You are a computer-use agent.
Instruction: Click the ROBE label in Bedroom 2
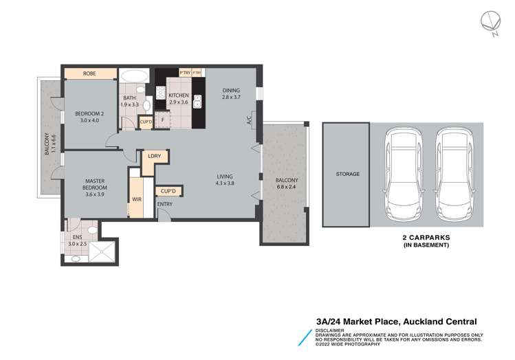click(x=89, y=74)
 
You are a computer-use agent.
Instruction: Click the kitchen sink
click(x=197, y=101)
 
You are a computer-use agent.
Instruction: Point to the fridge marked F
click(x=162, y=120)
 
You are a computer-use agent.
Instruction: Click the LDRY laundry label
click(x=154, y=157)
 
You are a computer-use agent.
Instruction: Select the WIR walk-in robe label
click(x=136, y=200)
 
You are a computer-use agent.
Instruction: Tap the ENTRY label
click(x=165, y=205)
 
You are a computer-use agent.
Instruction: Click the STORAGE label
click(x=347, y=175)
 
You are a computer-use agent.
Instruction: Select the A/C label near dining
click(x=248, y=120)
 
